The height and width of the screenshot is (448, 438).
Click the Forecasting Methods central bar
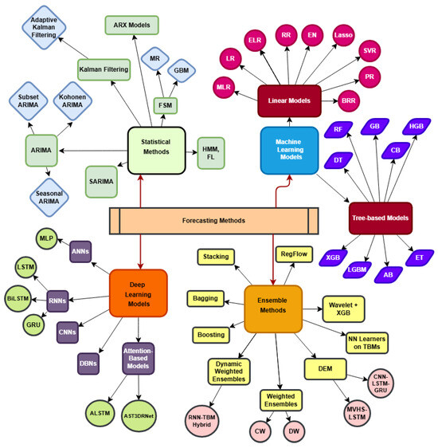pyautogui.click(x=213, y=220)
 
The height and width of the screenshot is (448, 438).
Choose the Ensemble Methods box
pyautogui.click(x=273, y=308)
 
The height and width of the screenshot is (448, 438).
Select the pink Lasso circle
pyautogui.click(x=344, y=36)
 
